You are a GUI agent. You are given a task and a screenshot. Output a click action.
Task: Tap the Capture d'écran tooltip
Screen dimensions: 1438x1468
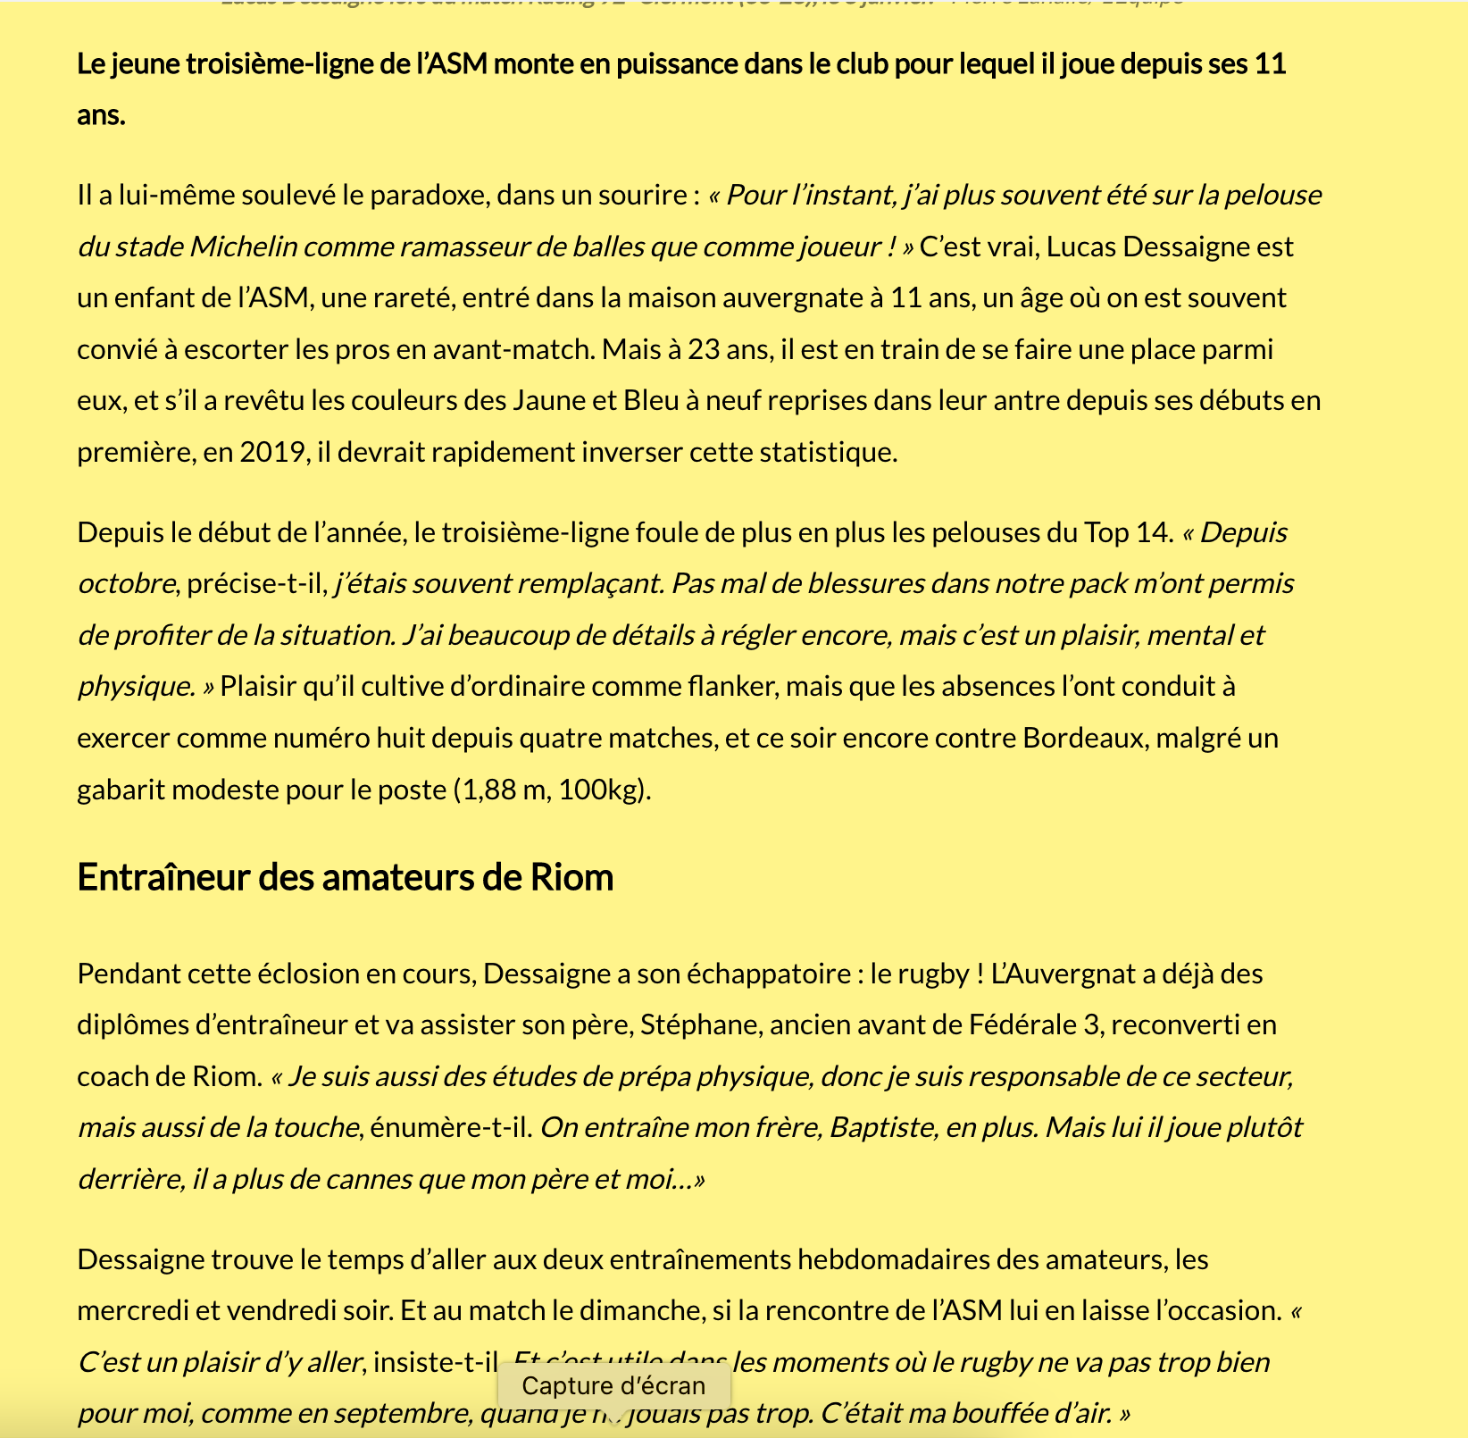point(613,1385)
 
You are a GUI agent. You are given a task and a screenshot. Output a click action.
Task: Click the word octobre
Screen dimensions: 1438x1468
point(127,584)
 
